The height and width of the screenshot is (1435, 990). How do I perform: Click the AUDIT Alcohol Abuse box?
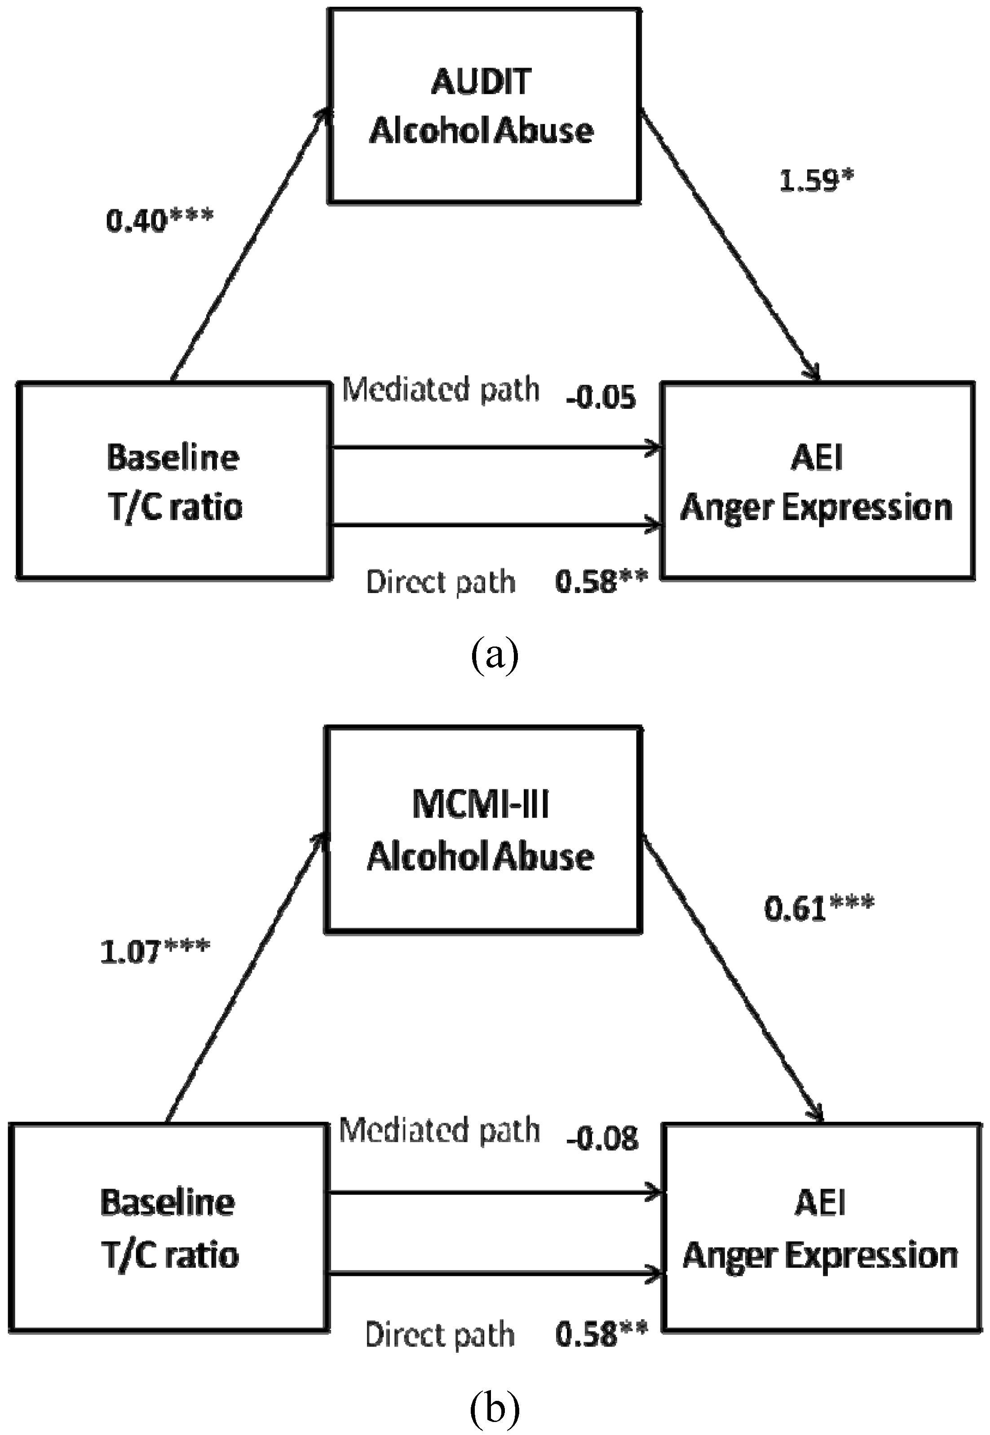484,106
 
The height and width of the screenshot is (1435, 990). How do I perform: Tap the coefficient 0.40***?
159,220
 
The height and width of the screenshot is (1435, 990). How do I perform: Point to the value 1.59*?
816,181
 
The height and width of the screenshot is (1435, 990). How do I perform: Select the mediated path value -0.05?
601,398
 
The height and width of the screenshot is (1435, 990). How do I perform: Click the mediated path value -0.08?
602,1138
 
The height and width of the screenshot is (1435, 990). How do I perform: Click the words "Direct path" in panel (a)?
440,582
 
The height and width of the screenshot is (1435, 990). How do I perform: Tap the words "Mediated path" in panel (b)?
439,1130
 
